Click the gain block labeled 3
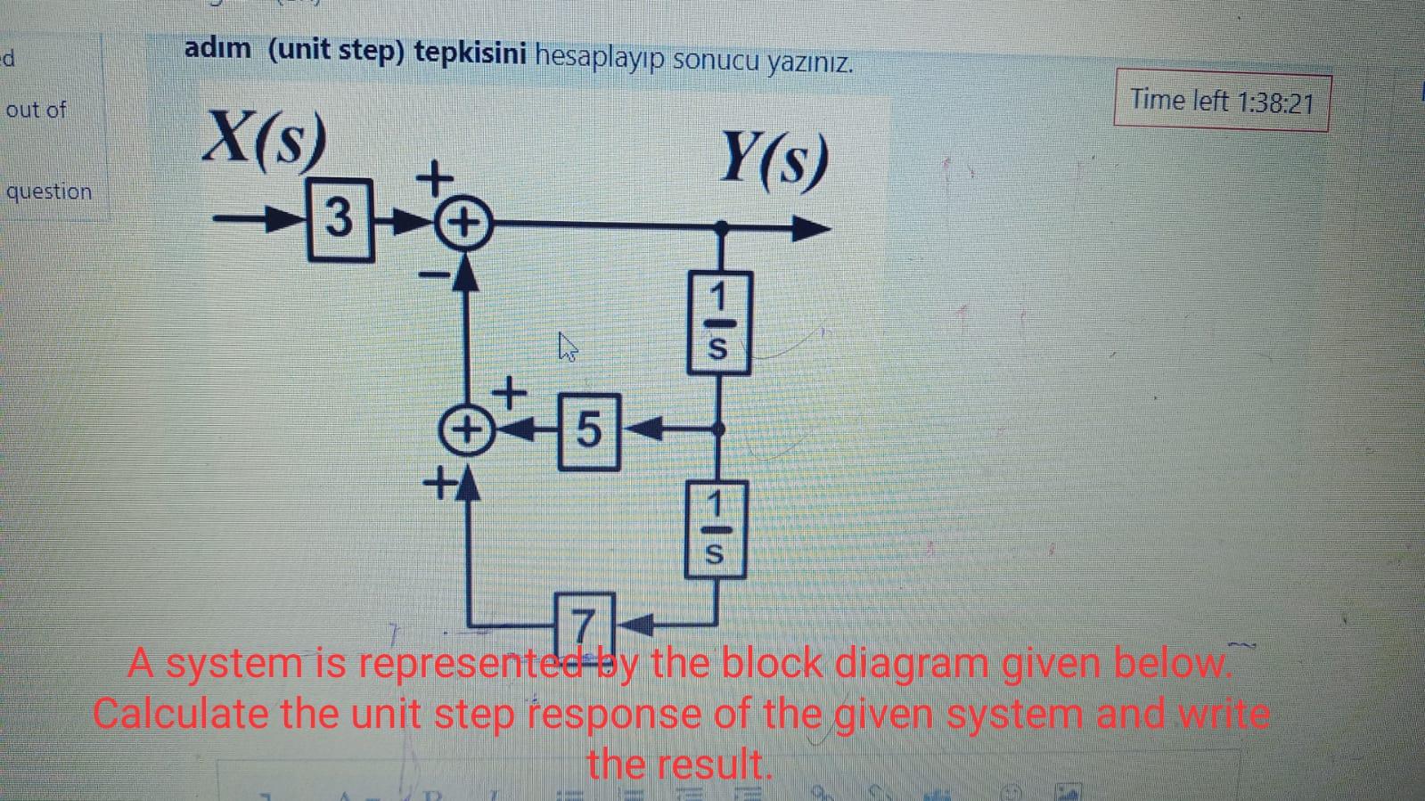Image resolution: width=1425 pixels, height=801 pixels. click(x=340, y=219)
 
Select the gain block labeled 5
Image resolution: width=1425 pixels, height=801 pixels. click(x=589, y=431)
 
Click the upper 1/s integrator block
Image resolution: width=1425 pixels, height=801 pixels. click(x=718, y=322)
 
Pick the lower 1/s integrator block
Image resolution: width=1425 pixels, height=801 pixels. click(x=715, y=529)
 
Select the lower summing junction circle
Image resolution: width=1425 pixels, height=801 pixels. click(x=464, y=430)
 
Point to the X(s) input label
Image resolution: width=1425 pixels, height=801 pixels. click(x=263, y=139)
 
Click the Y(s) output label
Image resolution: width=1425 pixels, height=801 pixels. click(x=774, y=159)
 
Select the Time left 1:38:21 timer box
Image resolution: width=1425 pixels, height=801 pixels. click(x=1221, y=102)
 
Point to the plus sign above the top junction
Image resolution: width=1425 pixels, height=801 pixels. click(x=436, y=176)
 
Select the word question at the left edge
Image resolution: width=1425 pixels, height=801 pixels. click(x=49, y=192)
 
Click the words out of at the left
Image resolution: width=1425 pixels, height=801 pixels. click(x=36, y=110)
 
